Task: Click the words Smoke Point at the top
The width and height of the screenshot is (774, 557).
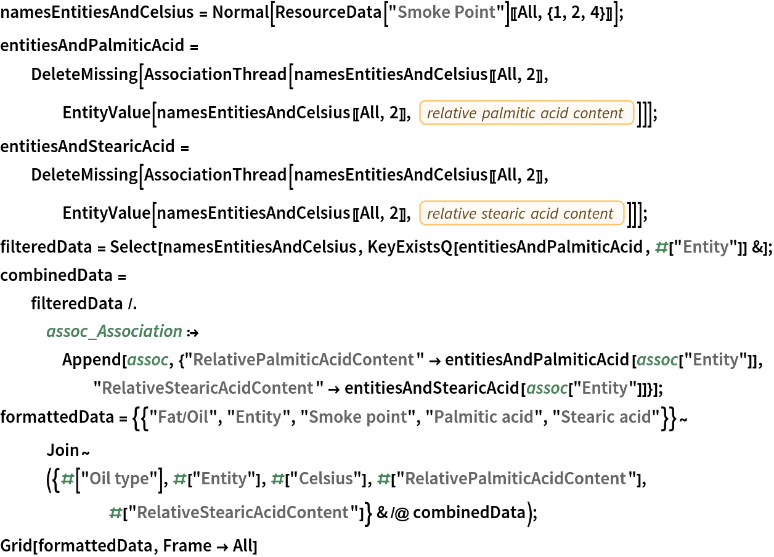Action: tap(446, 12)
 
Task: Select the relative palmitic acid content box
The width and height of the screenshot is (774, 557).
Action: tap(526, 113)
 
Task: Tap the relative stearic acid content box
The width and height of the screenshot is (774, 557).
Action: tap(521, 213)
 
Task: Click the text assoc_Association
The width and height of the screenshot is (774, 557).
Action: tap(115, 331)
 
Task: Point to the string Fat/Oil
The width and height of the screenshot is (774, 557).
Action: tap(183, 417)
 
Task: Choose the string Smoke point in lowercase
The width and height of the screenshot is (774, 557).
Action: tap(357, 417)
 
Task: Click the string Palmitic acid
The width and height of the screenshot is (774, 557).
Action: tap(483, 417)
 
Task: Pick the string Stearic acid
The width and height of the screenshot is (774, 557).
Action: tap(605, 417)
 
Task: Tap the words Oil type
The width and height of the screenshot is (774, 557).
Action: tap(119, 479)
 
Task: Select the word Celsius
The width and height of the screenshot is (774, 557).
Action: tap(326, 479)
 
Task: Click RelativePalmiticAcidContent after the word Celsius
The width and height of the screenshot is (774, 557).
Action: tap(515, 479)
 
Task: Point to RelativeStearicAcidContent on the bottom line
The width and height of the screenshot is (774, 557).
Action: tap(242, 513)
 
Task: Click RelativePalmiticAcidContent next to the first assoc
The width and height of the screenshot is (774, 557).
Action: tap(303, 360)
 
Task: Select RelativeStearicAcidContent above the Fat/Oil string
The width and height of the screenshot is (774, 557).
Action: tap(207, 388)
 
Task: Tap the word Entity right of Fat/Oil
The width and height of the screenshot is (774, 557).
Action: tap(258, 417)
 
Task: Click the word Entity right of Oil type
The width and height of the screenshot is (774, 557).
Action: tap(224, 479)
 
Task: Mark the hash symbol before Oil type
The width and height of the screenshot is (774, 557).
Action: tap(68, 479)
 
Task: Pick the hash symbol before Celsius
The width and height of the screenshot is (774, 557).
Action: tap(278, 479)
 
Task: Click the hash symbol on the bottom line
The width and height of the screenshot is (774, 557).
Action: tap(115, 513)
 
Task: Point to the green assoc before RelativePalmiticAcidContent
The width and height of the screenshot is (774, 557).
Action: tap(148, 360)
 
